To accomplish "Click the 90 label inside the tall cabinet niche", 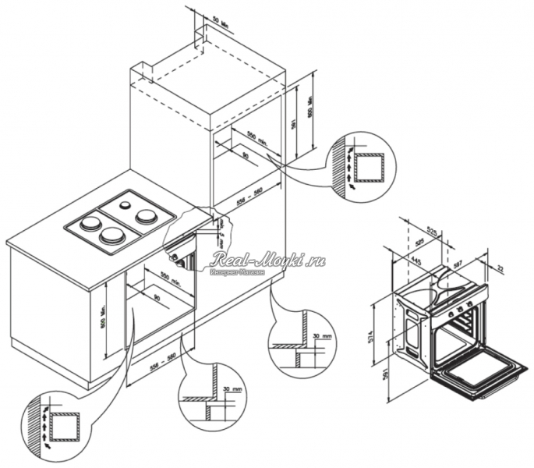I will [x=245, y=156].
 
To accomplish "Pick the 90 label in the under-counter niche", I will [x=157, y=296].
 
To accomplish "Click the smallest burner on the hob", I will [x=125, y=204].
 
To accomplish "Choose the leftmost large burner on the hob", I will [x=91, y=224].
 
